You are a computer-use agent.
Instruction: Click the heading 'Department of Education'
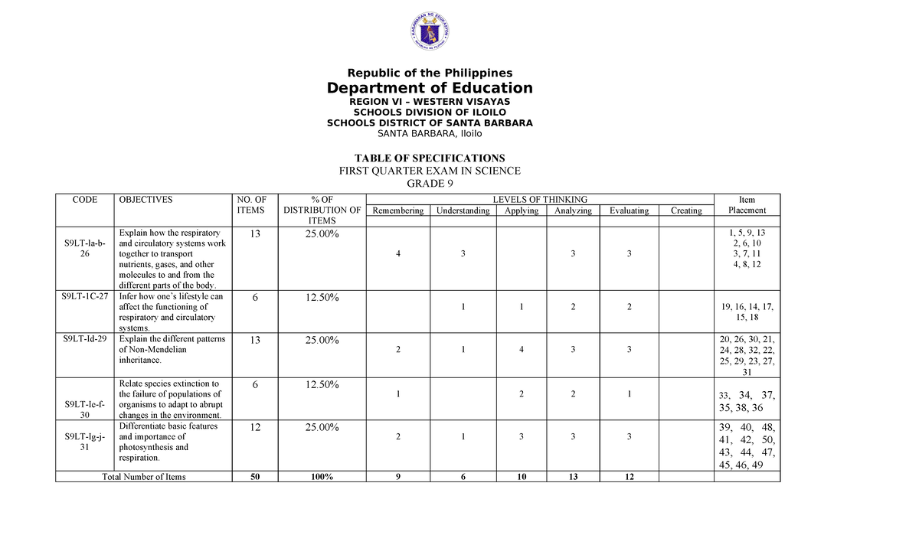[x=430, y=88]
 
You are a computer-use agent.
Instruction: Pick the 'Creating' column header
[x=685, y=210]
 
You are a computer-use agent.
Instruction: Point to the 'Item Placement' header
[x=747, y=205]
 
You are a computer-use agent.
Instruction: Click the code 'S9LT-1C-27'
[x=83, y=297]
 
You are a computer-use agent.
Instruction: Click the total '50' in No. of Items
[x=254, y=477]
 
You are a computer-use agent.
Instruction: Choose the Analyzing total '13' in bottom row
[x=573, y=477]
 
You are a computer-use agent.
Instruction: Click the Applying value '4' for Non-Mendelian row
[x=521, y=349]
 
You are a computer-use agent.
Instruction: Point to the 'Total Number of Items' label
[x=144, y=477]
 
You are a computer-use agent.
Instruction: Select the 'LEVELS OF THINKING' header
[x=540, y=200]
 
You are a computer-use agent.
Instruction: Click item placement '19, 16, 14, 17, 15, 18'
[x=747, y=312]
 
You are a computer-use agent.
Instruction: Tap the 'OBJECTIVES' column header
[x=145, y=200]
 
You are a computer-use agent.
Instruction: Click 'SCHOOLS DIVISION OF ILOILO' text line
[x=430, y=112]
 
